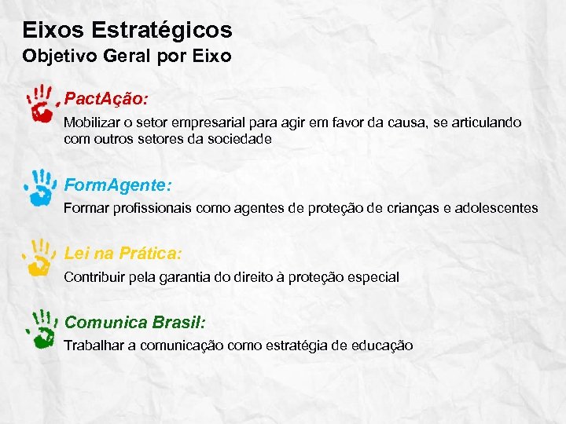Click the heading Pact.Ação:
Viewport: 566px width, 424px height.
click(x=105, y=101)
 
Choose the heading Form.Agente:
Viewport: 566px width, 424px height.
click(x=117, y=185)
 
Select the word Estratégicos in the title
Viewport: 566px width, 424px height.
click(x=162, y=31)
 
